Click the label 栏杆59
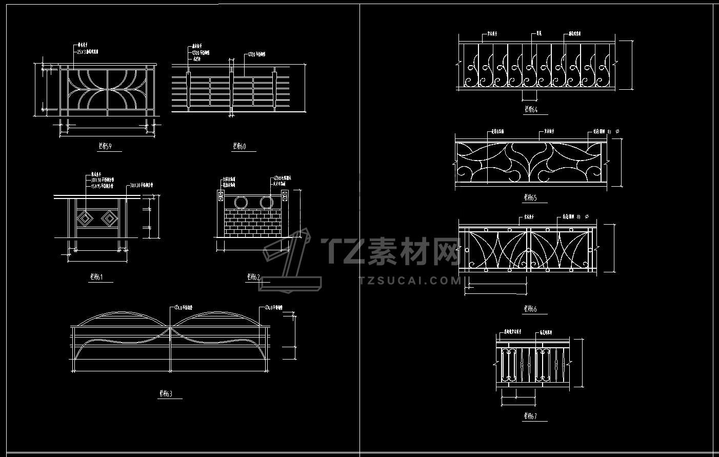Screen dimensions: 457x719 coord(105,146)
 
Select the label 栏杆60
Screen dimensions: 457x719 coord(239,146)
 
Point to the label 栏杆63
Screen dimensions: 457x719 coord(166,394)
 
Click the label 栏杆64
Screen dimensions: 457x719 coord(531,109)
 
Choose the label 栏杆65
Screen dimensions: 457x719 coord(530,197)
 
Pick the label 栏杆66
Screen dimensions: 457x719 coord(530,309)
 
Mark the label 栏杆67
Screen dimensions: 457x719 coord(530,416)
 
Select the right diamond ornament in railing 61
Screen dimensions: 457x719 coord(109,220)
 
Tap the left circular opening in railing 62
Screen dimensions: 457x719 coord(241,202)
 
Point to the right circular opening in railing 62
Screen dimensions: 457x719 coord(266,202)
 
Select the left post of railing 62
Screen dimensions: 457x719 coord(221,213)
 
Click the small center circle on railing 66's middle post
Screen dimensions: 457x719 coord(527,250)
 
